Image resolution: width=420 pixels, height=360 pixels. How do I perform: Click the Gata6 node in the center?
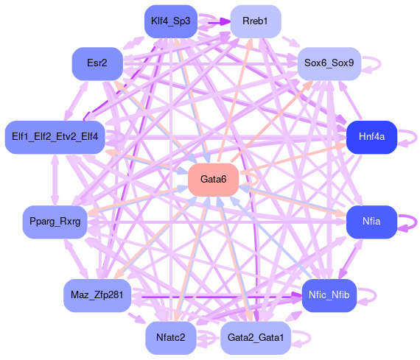click(x=213, y=180)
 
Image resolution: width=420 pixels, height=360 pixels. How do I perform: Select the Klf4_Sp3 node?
click(x=171, y=21)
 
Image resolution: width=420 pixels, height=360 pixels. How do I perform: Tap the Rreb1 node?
click(x=256, y=21)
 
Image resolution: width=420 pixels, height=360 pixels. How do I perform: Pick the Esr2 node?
click(x=97, y=63)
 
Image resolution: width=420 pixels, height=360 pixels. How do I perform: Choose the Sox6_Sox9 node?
click(x=329, y=63)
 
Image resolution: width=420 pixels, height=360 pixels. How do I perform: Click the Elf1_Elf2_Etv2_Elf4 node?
click(x=55, y=137)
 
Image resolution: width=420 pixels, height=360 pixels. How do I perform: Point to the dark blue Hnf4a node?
click(x=371, y=137)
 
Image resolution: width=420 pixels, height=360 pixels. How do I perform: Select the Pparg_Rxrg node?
click(x=55, y=222)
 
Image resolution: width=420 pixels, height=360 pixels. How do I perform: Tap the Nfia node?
click(x=371, y=222)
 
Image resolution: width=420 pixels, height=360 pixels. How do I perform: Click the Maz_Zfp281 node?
click(x=97, y=295)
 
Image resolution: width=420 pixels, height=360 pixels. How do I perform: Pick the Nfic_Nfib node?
click(x=329, y=295)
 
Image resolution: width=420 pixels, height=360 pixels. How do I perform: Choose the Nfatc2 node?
click(x=171, y=337)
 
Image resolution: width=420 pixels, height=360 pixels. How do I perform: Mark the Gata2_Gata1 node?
click(x=256, y=337)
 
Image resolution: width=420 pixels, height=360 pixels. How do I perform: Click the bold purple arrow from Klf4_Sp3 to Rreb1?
click(x=214, y=21)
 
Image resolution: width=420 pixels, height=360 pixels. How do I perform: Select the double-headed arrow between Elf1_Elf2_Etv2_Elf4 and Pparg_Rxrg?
click(x=55, y=180)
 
